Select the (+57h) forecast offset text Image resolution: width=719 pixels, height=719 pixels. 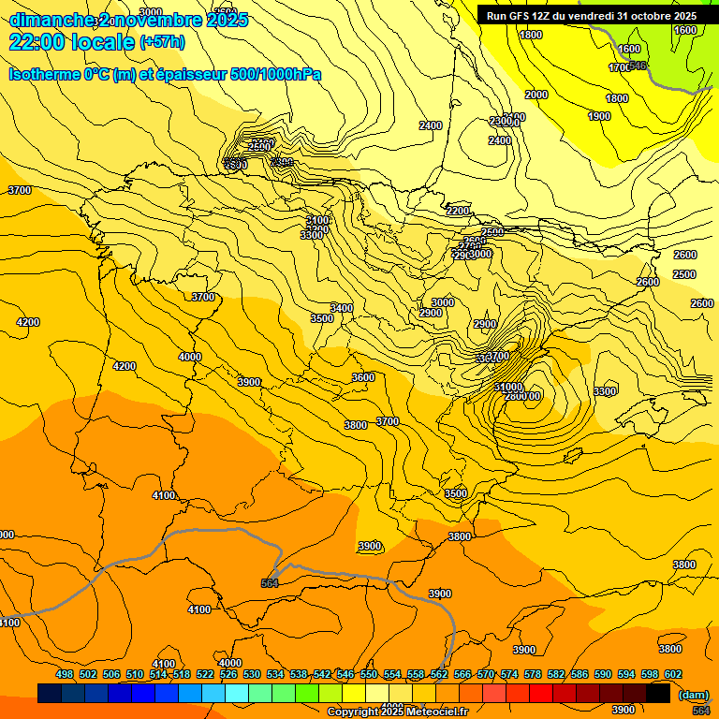click(162, 42)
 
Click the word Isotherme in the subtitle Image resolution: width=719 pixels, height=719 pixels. click(44, 74)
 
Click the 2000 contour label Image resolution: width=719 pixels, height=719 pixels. click(536, 95)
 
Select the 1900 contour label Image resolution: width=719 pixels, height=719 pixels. click(599, 116)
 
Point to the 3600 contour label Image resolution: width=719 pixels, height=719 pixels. click(363, 377)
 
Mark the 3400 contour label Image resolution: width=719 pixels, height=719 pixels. click(342, 308)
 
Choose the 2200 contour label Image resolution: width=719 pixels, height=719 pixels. click(458, 211)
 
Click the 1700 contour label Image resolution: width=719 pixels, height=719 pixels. click(619, 67)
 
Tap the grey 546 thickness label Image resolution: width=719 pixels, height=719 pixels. click(638, 65)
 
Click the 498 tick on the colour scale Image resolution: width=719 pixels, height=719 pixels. click(65, 674)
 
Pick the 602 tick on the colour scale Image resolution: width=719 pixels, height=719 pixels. click(673, 674)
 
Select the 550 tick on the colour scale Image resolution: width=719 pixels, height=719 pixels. click(369, 674)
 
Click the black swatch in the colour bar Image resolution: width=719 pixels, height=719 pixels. click(658, 693)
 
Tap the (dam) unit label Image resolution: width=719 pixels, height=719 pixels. click(693, 695)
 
